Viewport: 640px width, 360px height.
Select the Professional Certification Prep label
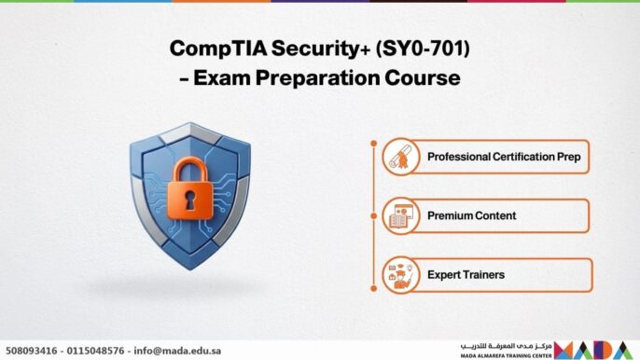tap(503, 157)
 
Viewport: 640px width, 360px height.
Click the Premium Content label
tap(471, 215)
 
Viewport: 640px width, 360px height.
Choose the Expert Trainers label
tap(466, 275)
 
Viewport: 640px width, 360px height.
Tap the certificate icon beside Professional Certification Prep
tap(401, 157)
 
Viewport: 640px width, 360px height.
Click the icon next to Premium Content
tap(401, 215)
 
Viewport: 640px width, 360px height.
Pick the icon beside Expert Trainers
tap(401, 275)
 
